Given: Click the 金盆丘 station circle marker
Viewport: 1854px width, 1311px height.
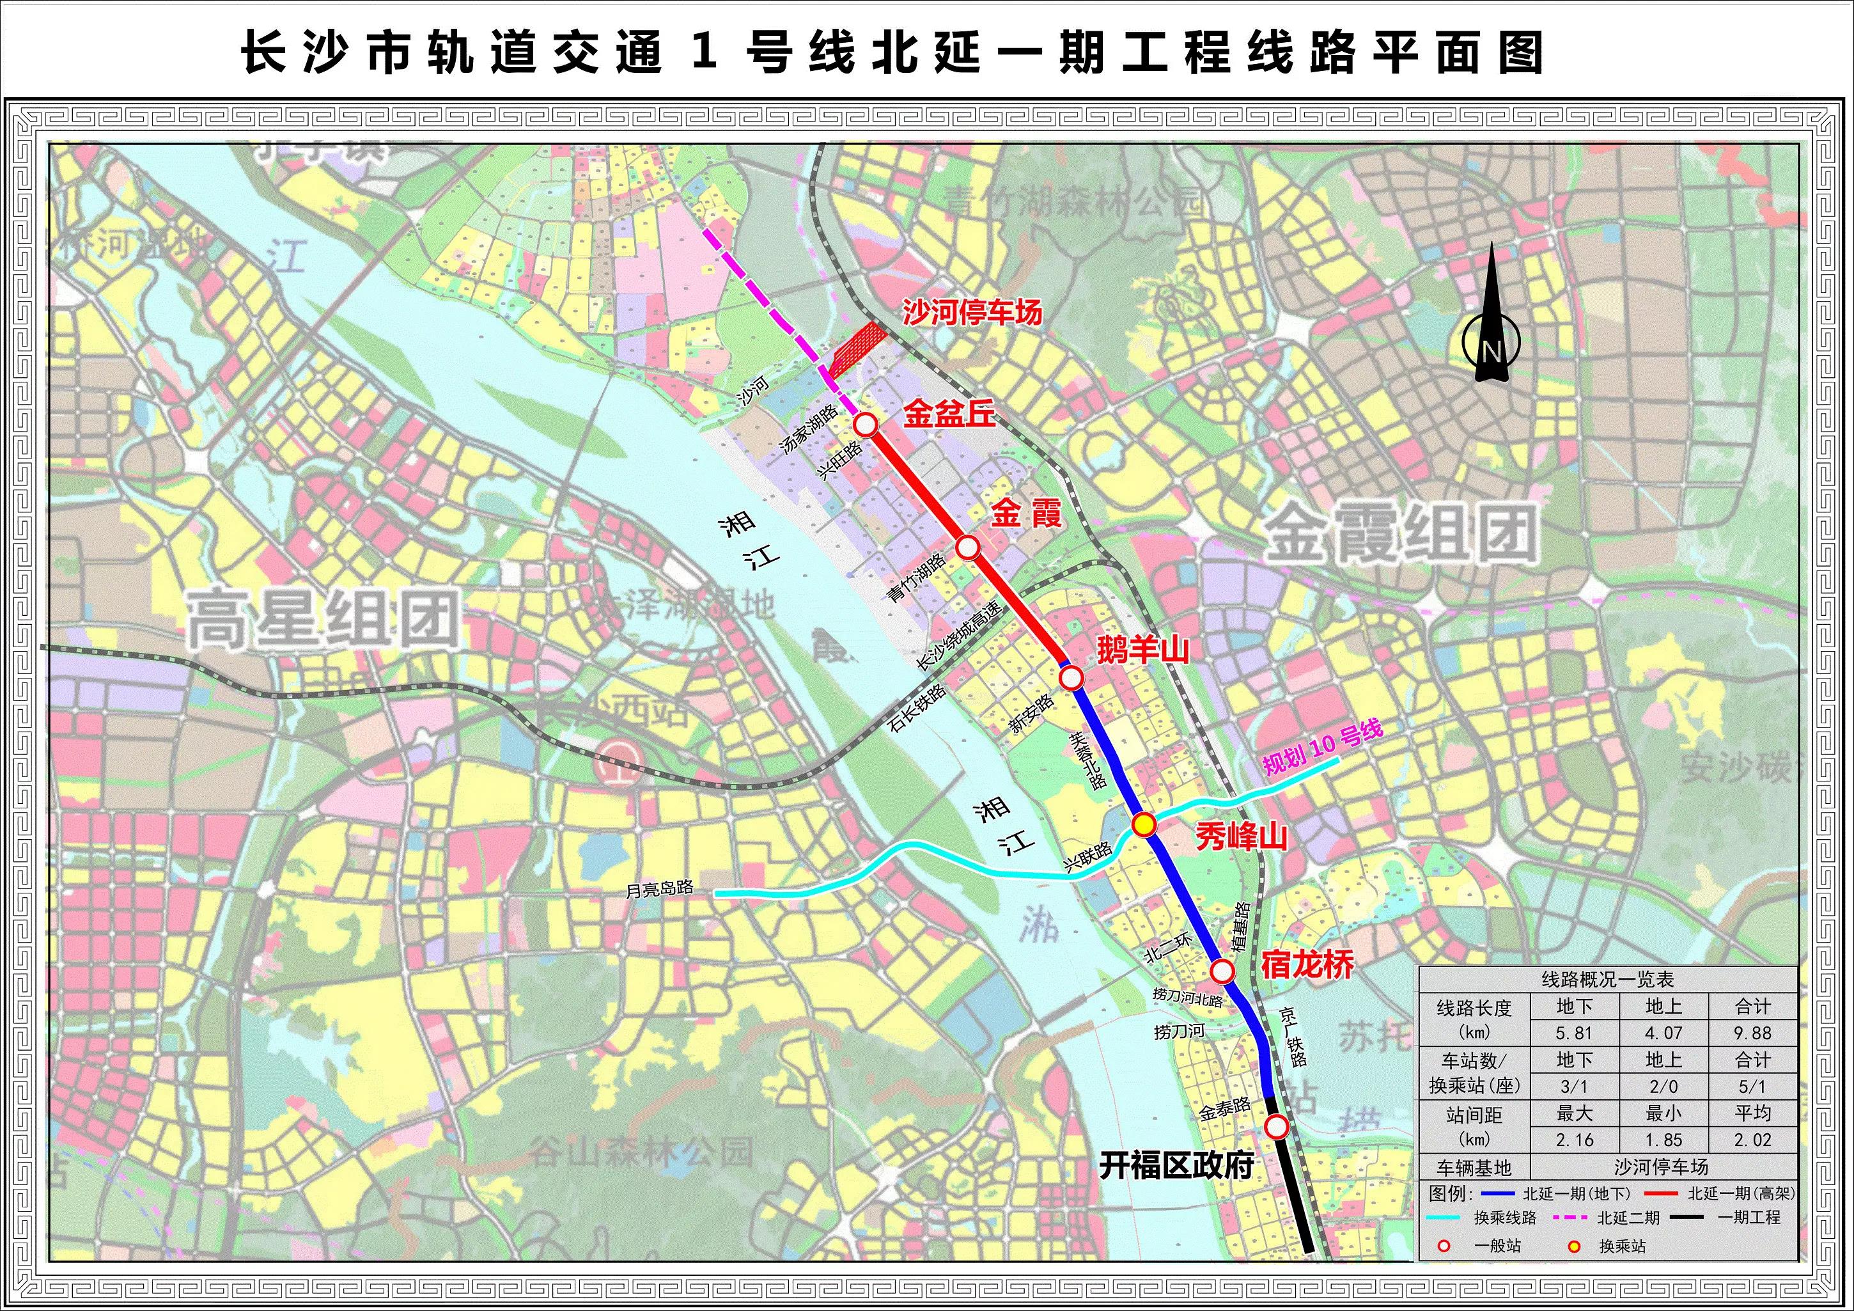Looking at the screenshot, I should [x=866, y=424].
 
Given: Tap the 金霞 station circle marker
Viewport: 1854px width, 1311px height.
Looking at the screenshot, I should [x=968, y=547].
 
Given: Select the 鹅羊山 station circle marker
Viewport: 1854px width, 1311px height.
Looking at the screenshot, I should [x=1071, y=678].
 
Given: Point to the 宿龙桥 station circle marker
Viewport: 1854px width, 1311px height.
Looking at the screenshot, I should [x=1222, y=971].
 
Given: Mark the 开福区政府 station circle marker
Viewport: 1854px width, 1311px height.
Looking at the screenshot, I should [x=1277, y=1126].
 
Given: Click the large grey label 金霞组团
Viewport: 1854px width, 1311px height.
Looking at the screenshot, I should [x=1400, y=533].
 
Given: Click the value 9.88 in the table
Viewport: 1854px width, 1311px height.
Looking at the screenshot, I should [x=1752, y=1033].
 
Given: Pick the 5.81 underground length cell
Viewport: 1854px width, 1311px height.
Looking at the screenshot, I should [x=1574, y=1033].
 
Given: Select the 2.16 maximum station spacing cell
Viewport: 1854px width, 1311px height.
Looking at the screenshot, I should [x=1574, y=1140].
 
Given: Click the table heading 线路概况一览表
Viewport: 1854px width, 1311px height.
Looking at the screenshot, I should [x=1608, y=980].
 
